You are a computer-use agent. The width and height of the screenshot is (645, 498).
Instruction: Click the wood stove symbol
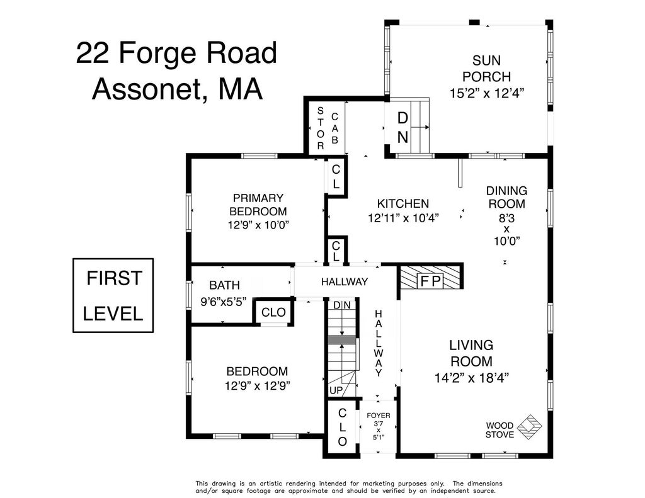529,427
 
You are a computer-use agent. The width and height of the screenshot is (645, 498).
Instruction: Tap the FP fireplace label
430,281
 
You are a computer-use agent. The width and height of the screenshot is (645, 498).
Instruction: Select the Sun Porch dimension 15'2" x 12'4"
486,93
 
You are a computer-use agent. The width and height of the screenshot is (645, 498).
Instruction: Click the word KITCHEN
402,203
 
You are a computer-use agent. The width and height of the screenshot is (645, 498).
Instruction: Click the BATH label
225,285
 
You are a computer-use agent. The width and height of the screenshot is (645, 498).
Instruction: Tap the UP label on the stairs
336,390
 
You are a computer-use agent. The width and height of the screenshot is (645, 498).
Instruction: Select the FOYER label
379,416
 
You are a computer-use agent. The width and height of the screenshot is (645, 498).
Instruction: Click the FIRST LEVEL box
113,295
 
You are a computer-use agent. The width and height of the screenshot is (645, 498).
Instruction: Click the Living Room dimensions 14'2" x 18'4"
472,378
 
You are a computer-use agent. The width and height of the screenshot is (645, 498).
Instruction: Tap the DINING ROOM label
506,197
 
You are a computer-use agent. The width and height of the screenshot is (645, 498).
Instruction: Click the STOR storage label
321,128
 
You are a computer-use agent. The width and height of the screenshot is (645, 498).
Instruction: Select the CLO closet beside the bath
273,312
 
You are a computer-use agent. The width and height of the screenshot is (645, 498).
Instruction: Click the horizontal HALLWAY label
345,281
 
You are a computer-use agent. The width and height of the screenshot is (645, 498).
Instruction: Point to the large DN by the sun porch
402,127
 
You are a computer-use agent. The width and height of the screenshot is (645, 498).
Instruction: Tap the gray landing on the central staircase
341,340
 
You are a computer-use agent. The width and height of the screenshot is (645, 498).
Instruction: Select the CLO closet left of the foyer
342,427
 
